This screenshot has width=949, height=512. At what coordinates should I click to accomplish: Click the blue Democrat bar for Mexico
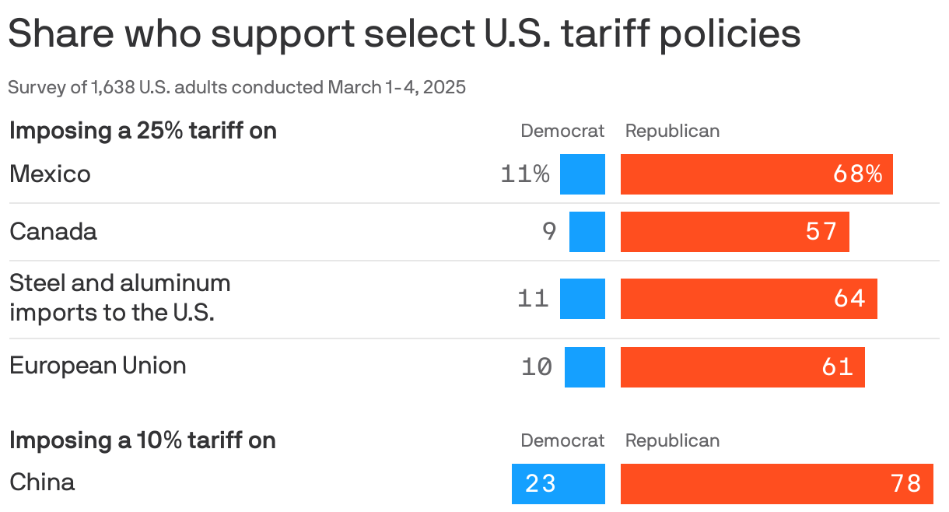(x=582, y=174)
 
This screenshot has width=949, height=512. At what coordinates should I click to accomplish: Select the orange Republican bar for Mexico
(x=756, y=174)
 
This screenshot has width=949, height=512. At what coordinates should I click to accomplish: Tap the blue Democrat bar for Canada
(x=587, y=232)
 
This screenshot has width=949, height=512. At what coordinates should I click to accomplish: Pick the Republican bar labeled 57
(x=734, y=232)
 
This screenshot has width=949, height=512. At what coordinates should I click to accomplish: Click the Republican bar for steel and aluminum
(x=748, y=299)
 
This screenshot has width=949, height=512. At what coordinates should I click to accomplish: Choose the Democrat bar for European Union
(x=584, y=367)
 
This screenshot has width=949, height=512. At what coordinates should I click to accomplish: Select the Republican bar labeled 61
(x=742, y=367)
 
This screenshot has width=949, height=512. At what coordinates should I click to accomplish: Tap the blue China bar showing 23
(x=558, y=484)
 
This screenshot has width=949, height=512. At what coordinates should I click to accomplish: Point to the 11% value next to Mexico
(x=525, y=174)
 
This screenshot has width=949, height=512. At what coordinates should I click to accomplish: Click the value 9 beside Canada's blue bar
(x=549, y=232)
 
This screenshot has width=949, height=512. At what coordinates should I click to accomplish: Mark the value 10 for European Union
(x=536, y=367)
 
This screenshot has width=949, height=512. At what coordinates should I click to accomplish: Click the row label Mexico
(x=50, y=174)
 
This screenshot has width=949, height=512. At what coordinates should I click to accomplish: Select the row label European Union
(x=97, y=366)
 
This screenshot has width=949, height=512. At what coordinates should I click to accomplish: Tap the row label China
(x=42, y=482)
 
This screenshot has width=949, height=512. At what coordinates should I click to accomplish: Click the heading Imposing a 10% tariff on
(x=142, y=441)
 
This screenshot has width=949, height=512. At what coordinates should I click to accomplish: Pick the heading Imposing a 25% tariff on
(x=142, y=131)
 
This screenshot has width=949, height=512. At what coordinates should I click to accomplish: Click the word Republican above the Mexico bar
(x=672, y=131)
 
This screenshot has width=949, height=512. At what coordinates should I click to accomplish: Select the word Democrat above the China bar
(x=562, y=441)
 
